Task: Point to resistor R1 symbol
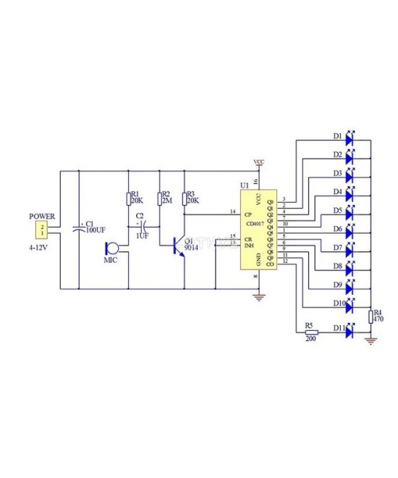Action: coord(128,199)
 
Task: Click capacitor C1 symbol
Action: coord(78,230)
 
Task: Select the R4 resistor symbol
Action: coord(371,316)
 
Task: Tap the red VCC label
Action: coord(258,162)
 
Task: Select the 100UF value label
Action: coord(96,230)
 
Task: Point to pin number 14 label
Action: coord(232,211)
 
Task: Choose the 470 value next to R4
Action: coord(377,319)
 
